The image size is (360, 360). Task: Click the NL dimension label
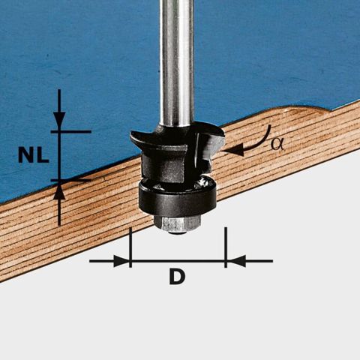pyautogui.click(x=34, y=155)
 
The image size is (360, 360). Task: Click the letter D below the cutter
pyautogui.click(x=177, y=276)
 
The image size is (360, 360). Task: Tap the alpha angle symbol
pyautogui.click(x=277, y=144)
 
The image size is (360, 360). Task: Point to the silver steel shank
pyautogui.click(x=177, y=62)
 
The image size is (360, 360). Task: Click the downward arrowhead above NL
pyautogui.click(x=59, y=120)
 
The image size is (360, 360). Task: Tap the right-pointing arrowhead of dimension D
pyautogui.click(x=121, y=261)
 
